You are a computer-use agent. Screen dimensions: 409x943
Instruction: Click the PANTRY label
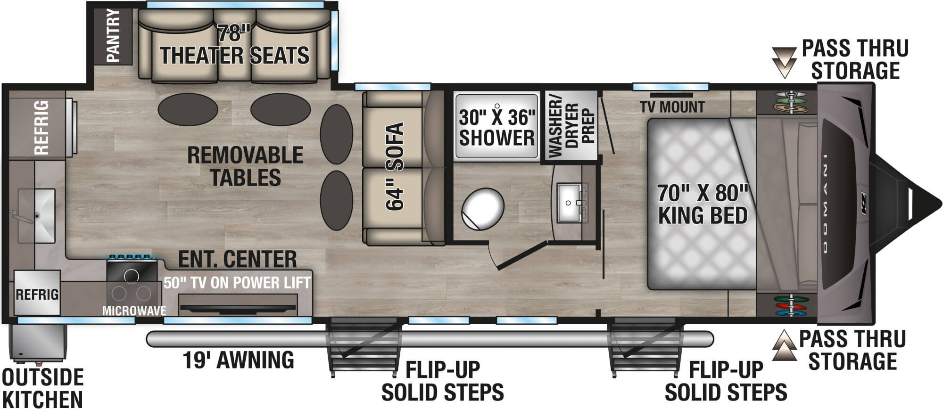coord(113,36)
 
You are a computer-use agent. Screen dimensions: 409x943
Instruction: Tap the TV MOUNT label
coord(672,107)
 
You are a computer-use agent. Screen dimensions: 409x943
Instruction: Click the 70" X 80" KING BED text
coord(703,204)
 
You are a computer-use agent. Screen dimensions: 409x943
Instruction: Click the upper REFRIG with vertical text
coord(41,127)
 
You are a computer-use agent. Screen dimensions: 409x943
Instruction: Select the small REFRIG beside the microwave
coord(37,294)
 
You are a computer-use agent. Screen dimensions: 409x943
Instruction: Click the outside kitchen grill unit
coord(38,343)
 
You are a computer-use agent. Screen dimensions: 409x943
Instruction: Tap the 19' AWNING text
coord(238,360)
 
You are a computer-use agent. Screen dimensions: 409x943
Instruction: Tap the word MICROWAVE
coord(134,311)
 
